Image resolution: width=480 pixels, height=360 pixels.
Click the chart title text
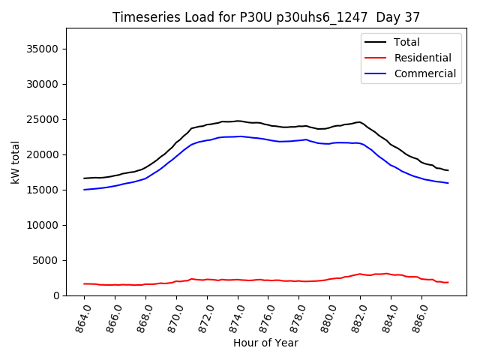tap(266, 17)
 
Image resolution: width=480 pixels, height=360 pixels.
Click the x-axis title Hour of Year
tap(266, 343)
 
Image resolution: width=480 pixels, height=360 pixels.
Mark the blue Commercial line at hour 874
tap(238, 136)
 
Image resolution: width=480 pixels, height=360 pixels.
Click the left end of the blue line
tap(84, 190)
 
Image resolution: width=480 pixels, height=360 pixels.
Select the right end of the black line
tap(448, 170)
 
